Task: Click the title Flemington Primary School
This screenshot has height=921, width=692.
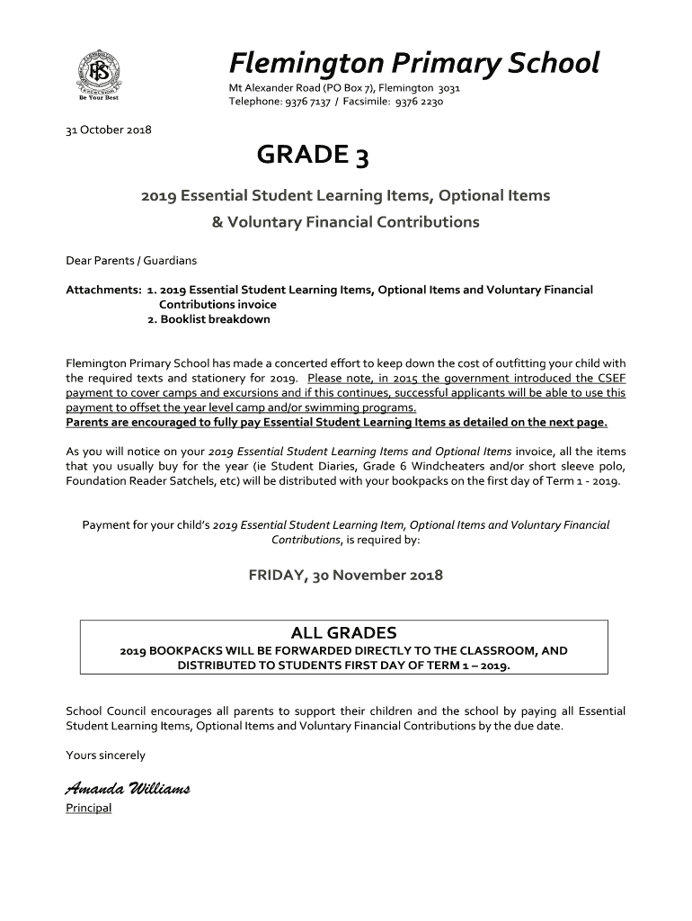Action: click(413, 63)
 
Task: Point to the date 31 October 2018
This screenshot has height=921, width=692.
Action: click(109, 130)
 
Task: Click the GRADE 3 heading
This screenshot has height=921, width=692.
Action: click(312, 156)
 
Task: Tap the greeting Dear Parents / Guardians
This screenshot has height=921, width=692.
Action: click(131, 261)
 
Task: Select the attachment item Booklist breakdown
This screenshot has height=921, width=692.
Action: click(215, 319)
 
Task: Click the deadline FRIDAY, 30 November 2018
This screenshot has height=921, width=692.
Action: click(345, 575)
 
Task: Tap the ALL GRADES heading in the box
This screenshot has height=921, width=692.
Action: click(343, 632)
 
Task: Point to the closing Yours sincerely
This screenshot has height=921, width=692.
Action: click(105, 755)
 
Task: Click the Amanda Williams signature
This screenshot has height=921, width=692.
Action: click(128, 789)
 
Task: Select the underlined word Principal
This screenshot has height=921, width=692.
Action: click(89, 808)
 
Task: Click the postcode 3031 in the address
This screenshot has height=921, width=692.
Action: click(448, 88)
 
